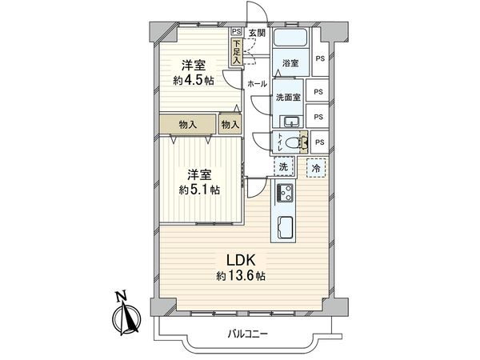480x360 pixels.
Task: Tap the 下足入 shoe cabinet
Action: pos(238,53)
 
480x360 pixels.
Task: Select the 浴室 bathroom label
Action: pos(289,62)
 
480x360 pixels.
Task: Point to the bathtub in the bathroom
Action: pos(290,39)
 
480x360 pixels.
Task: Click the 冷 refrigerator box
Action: pos(316,169)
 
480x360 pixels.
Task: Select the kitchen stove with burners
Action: pos(286,193)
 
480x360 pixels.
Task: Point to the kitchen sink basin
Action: pos(286,225)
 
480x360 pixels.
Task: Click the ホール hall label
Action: pos(257,84)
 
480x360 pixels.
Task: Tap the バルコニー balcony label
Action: pos(246,334)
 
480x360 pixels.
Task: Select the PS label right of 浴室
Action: pos(320,58)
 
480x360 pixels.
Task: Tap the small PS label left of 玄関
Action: pos(237,33)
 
